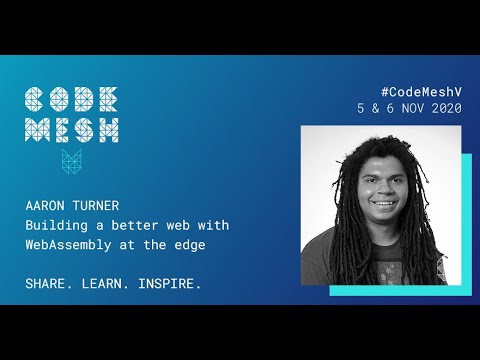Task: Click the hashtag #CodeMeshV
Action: (x=421, y=90)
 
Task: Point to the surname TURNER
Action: (x=95, y=205)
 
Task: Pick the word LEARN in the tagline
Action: (x=105, y=284)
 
